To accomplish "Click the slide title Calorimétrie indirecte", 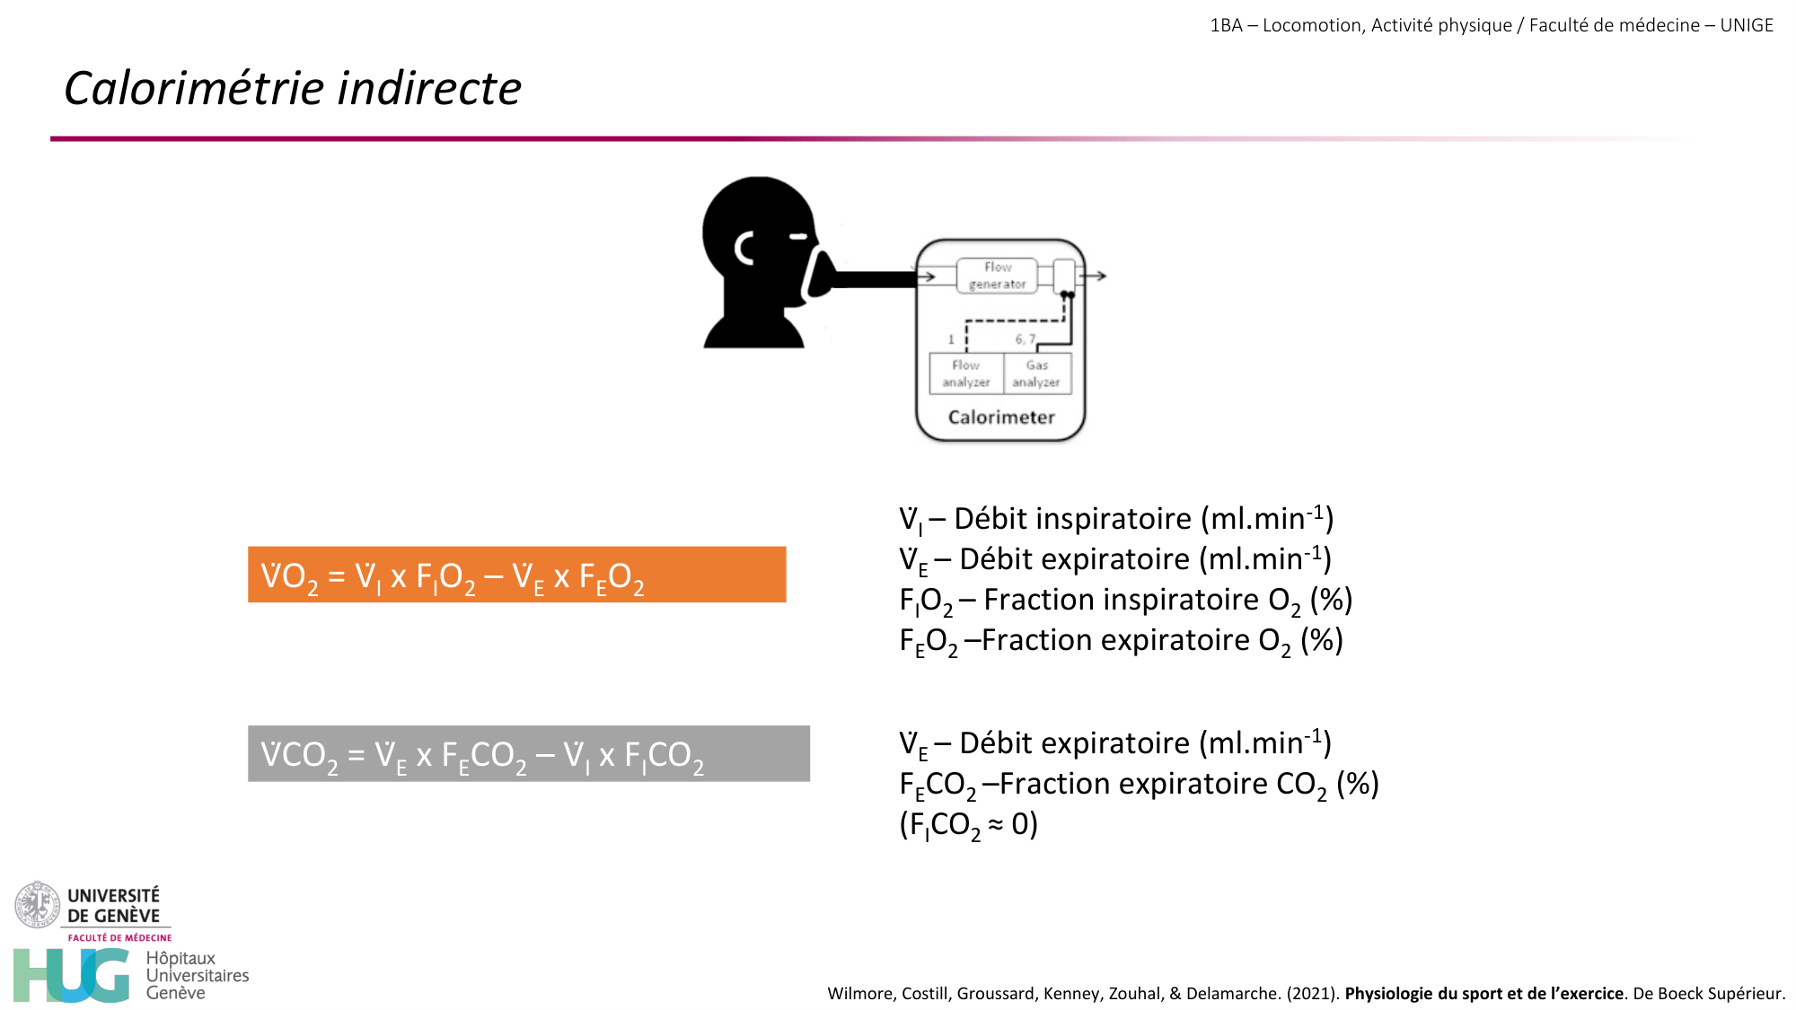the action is [293, 88].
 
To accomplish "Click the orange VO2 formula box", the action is [516, 575].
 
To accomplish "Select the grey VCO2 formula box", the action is [529, 753].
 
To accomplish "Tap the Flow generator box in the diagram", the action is [997, 276].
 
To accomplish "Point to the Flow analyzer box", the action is [966, 373].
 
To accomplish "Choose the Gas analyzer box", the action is [1037, 373].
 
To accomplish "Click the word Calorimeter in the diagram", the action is [1001, 417].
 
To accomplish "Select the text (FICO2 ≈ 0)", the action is [969, 825].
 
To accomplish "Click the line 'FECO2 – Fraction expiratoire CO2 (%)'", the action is [1139, 785].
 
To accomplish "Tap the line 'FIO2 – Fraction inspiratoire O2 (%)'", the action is [1126, 601].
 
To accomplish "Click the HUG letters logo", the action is [72, 975].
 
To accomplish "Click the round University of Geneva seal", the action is [37, 905].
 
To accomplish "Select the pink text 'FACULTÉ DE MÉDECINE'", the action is [119, 937].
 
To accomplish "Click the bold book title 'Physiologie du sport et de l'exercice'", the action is [1484, 993].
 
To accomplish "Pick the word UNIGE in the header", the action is [1747, 25].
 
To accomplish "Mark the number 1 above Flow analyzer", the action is [951, 339].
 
